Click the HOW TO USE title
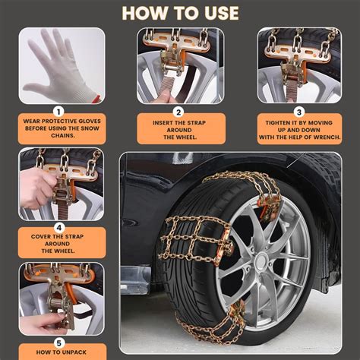click(180, 13)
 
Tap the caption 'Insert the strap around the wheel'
click(180, 127)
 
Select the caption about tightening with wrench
click(298, 127)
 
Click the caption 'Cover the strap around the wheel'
click(62, 243)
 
